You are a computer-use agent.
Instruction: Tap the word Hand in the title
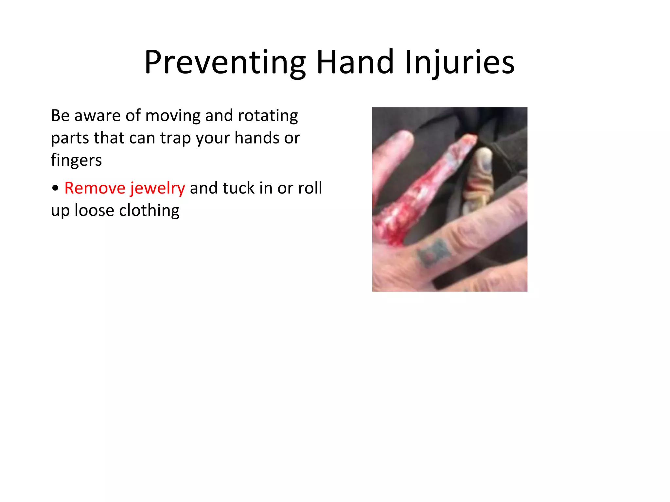pos(355,62)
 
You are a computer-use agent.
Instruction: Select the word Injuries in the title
pos(459,62)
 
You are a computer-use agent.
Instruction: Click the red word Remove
pos(95,188)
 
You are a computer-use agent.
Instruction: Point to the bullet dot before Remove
pos(55,189)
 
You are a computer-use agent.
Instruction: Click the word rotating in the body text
pos(268,116)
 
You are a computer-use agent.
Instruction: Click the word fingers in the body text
pos(76,160)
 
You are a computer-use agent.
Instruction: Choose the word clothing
pos(149,210)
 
